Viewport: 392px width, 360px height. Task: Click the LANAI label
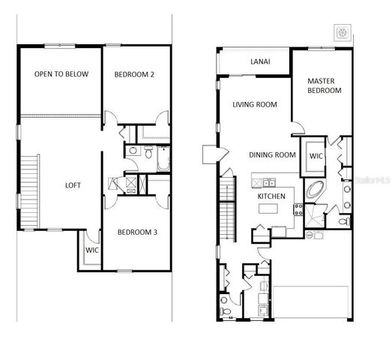coord(260,61)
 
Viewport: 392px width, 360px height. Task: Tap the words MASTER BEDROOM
coord(325,85)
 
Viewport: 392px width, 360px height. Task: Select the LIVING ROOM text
coord(255,105)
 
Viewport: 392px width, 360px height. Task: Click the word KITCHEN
coord(271,195)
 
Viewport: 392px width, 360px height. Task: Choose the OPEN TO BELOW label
coord(61,73)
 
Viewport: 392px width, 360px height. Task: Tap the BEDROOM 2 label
coord(134,73)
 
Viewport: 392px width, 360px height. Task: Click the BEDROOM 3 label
coord(136,232)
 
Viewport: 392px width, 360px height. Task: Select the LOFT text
coord(73,184)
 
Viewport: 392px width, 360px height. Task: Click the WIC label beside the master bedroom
coord(316,156)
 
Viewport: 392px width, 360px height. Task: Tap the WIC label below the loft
coord(91,250)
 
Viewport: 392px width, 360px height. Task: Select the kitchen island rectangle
coord(271,208)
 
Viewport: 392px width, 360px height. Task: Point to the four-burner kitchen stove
coord(298,209)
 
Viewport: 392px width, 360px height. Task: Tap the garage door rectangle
coord(311,304)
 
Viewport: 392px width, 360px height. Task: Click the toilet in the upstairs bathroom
coord(133,151)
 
